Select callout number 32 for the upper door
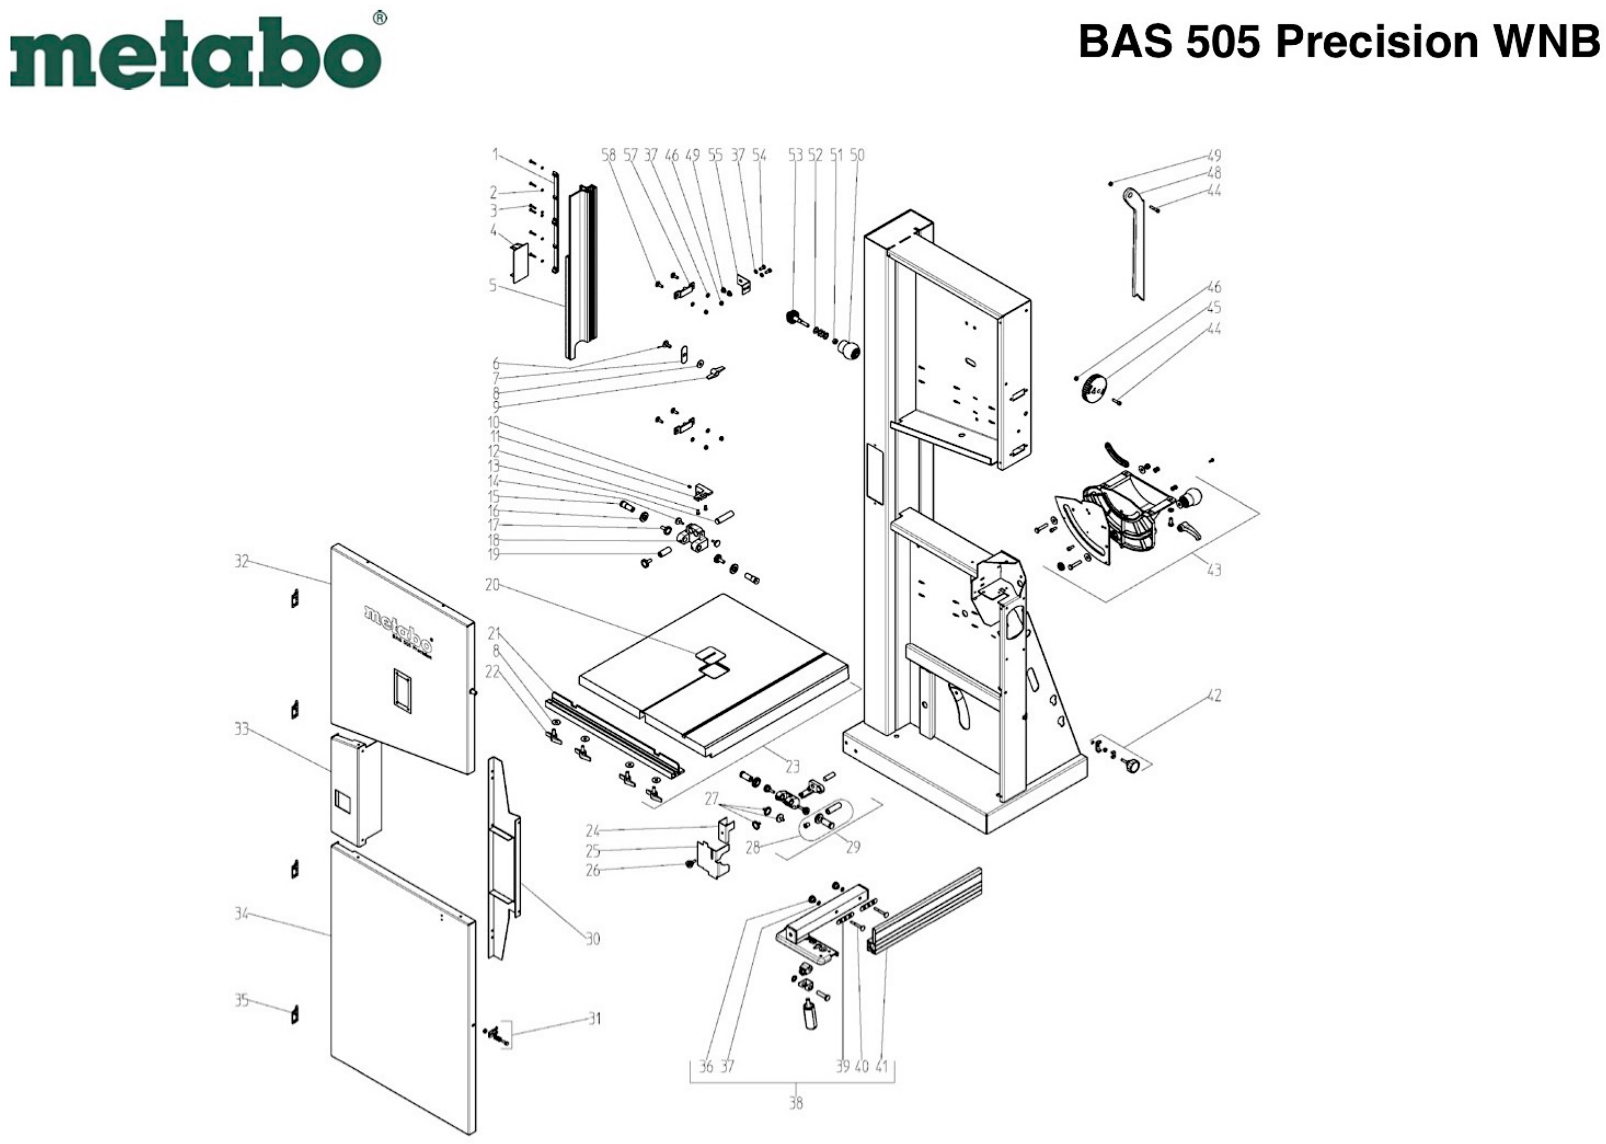coord(241,561)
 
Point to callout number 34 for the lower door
coord(241,914)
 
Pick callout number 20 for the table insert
coord(492,585)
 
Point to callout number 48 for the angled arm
coord(1214,173)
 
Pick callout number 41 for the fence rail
coord(881,1066)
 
